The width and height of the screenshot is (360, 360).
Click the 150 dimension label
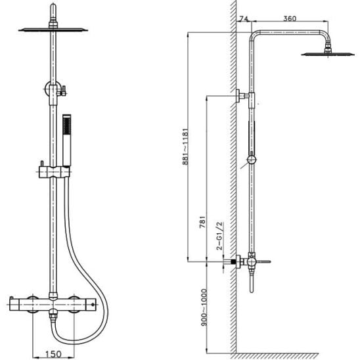click(53, 354)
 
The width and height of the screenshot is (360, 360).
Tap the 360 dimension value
click(290, 18)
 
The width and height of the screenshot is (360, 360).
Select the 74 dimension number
click(243, 18)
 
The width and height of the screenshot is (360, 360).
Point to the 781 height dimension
click(202, 222)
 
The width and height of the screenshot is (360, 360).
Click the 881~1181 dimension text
click(185, 146)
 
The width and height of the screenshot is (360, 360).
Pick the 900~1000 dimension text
click(204, 307)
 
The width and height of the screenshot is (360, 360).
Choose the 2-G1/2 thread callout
click(219, 236)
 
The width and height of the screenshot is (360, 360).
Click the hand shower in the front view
click(67, 140)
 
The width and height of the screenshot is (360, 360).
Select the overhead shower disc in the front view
click(53, 30)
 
